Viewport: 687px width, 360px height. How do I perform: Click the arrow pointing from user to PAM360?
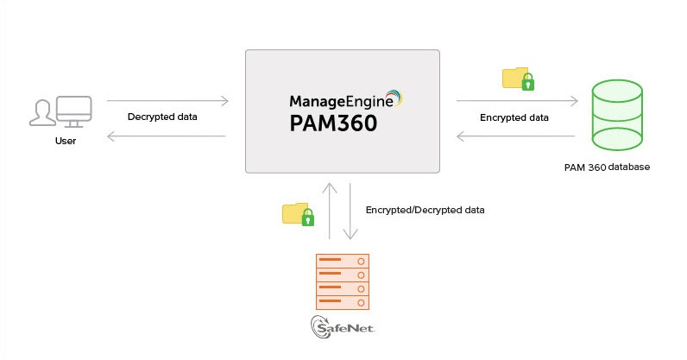pyautogui.click(x=167, y=101)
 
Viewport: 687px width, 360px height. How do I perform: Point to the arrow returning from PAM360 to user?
pyautogui.click(x=165, y=136)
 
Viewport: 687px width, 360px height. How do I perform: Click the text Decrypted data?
pyautogui.click(x=163, y=117)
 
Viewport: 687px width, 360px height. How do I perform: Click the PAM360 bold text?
pyautogui.click(x=333, y=123)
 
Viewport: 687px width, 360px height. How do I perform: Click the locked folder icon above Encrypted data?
pyautogui.click(x=519, y=79)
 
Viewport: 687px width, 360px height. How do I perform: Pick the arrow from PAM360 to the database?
pyautogui.click(x=517, y=101)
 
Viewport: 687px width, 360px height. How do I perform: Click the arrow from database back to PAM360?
pyautogui.click(x=515, y=136)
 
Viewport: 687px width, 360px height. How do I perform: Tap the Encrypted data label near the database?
pyautogui.click(x=514, y=117)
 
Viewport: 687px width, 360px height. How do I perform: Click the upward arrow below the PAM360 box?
pyautogui.click(x=329, y=211)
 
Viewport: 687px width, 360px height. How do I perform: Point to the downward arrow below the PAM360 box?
pyautogui.click(x=350, y=211)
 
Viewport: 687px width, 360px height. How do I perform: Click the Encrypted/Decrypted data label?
pyautogui.click(x=425, y=210)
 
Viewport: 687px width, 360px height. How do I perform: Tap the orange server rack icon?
pyautogui.click(x=343, y=281)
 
